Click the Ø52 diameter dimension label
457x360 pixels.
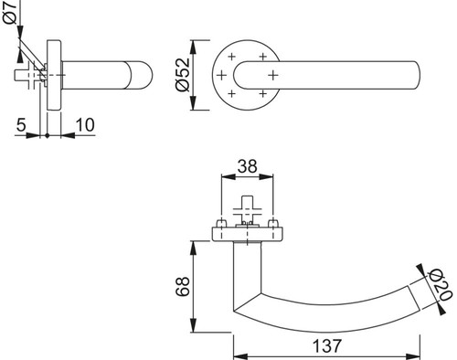pyautogui.click(x=183, y=75)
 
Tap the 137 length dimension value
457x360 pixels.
pyautogui.click(x=326, y=346)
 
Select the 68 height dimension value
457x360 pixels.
pyautogui.click(x=183, y=286)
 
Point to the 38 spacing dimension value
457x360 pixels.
pyautogui.click(x=247, y=166)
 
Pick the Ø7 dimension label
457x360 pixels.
pyautogui.click(x=9, y=12)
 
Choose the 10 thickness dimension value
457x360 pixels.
pyautogui.click(x=85, y=125)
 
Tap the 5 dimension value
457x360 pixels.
pyautogui.click(x=21, y=125)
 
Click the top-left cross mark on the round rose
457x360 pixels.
pyautogui.click(x=232, y=57)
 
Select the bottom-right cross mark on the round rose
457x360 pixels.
pyautogui.click(x=263, y=93)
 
